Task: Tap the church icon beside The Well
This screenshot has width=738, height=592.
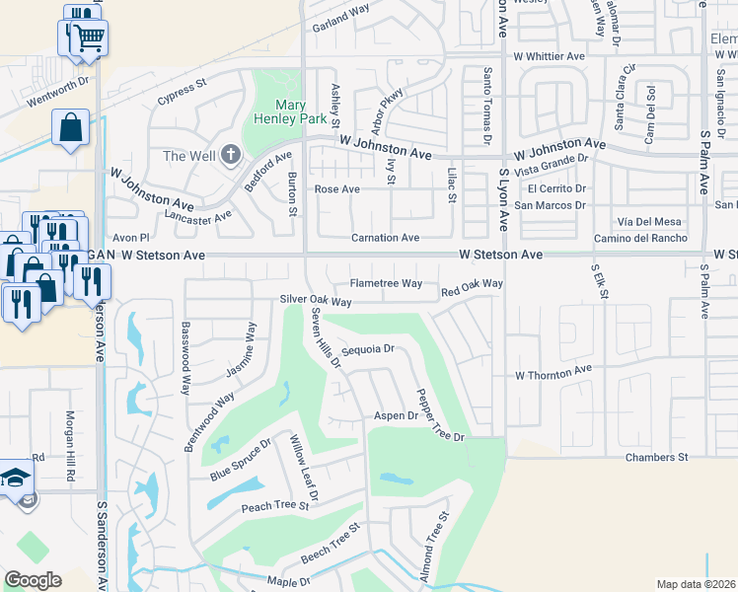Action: click(x=231, y=155)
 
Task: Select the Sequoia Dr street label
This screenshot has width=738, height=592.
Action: click(x=368, y=349)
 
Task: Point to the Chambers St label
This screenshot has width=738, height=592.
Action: click(x=656, y=458)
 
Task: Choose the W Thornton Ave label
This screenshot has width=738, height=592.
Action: click(x=553, y=375)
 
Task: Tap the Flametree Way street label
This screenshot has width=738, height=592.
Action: click(x=386, y=283)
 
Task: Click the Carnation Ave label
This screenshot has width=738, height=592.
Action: click(x=386, y=238)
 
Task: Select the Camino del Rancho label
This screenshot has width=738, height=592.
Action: click(x=640, y=239)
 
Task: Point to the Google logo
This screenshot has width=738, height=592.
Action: click(x=33, y=580)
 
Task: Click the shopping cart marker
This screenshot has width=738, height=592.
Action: click(x=87, y=38)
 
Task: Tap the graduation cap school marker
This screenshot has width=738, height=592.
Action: click(x=17, y=479)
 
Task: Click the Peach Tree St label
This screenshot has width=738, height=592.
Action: click(x=275, y=507)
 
